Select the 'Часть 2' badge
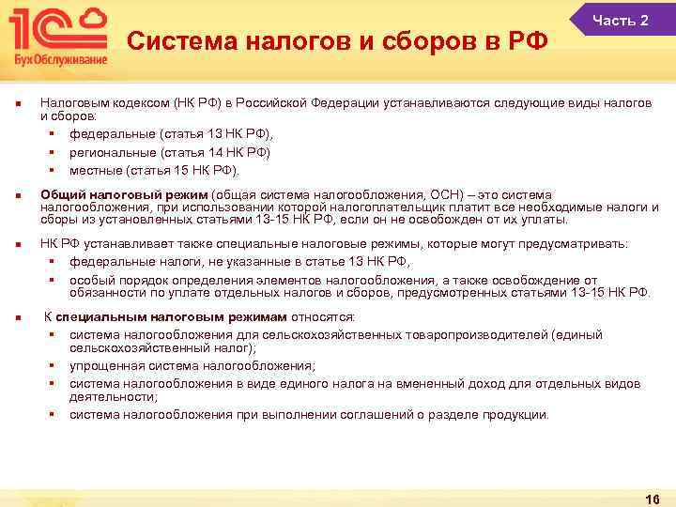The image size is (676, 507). [620, 20]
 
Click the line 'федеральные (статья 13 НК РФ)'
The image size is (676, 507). [163, 135]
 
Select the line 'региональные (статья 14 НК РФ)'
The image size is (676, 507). [169, 152]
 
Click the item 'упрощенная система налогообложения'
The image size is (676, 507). [192, 365]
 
